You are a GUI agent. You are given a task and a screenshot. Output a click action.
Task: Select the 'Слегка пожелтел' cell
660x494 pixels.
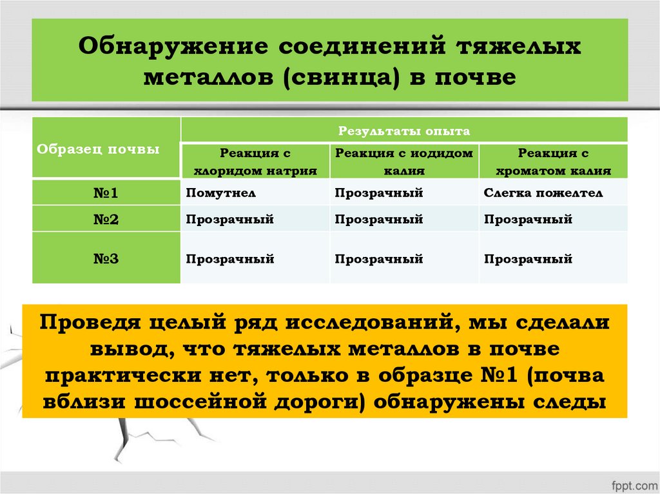tap(543, 193)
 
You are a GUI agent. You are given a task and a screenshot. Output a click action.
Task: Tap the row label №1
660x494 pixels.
tap(106, 193)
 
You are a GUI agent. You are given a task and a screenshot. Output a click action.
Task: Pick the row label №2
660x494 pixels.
tap(106, 219)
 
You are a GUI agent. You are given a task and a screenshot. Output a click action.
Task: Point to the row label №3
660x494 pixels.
tap(106, 259)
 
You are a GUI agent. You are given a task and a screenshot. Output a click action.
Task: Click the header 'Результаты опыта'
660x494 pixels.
tap(404, 131)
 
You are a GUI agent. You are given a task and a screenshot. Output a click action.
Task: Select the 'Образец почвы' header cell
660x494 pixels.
tap(99, 149)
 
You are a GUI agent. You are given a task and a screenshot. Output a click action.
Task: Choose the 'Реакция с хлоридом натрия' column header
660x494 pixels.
tap(255, 162)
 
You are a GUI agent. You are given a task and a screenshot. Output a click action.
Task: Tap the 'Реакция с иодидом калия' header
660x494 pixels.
tap(404, 162)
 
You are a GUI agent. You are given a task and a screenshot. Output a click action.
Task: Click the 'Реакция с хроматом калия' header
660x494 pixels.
tap(554, 162)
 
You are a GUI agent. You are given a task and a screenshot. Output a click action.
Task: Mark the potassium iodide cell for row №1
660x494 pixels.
tap(378, 193)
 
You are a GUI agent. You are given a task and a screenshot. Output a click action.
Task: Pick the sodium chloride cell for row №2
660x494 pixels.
tap(230, 220)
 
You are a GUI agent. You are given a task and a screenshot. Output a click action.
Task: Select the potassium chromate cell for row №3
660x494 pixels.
tap(529, 259)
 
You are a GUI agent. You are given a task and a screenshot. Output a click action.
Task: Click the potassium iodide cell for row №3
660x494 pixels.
tap(378, 259)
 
